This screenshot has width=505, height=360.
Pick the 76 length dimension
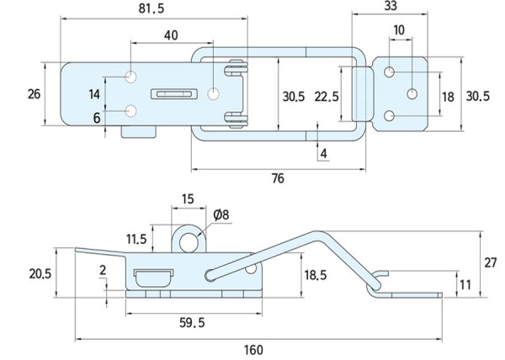(x=278, y=177)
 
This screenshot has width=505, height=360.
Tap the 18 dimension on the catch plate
(x=447, y=97)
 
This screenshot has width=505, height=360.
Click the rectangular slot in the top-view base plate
(x=173, y=94)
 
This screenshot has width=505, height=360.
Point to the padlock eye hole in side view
(x=191, y=242)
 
